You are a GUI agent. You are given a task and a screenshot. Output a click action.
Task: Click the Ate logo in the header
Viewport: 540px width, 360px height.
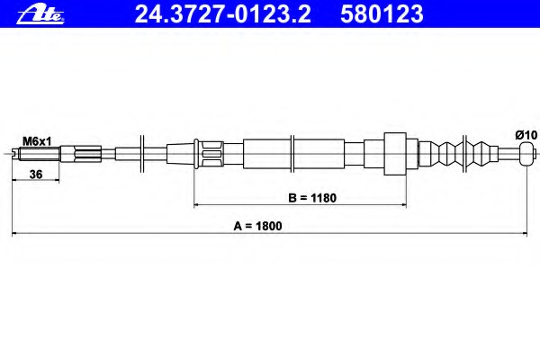[40, 15]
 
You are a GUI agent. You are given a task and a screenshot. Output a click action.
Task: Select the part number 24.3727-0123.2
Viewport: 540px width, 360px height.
[222, 14]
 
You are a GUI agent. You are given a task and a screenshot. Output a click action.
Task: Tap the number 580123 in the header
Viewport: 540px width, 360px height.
[382, 14]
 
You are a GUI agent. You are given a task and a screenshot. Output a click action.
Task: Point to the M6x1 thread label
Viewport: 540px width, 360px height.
[37, 141]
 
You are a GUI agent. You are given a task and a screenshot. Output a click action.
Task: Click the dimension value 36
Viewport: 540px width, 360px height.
[36, 175]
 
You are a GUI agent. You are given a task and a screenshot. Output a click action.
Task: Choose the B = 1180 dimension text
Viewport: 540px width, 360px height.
[312, 198]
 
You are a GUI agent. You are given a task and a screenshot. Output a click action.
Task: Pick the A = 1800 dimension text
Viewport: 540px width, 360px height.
[257, 226]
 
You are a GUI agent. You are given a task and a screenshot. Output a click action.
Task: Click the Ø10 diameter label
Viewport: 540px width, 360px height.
[526, 135]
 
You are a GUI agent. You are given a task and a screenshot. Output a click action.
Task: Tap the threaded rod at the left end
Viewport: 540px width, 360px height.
[36, 154]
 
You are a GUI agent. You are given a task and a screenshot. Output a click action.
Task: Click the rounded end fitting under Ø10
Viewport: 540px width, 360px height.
[526, 154]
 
